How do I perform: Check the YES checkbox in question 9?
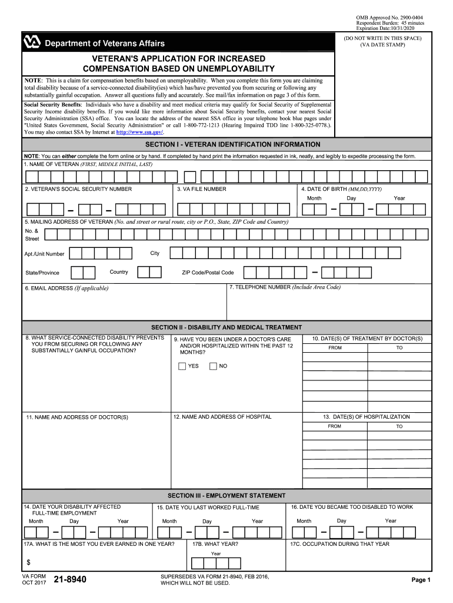[x=182, y=366]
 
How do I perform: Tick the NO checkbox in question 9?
[x=213, y=366]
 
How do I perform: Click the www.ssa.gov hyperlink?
[x=139, y=132]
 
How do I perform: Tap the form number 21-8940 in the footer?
[x=70, y=580]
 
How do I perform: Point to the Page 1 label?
[x=421, y=580]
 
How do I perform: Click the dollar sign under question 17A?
[x=28, y=562]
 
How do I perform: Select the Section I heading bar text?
[x=233, y=144]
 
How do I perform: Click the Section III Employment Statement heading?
[x=226, y=496]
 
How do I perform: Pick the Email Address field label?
[x=66, y=289]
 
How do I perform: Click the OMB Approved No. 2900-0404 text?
[x=389, y=18]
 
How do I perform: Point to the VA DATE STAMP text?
[x=383, y=45]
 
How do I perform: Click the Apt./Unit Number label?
[x=45, y=254]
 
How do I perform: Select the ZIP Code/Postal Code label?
[x=208, y=273]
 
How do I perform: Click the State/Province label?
[x=42, y=273]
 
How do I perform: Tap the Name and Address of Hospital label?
[x=222, y=417]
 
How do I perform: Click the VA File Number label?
[x=201, y=189]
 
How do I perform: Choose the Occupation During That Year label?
[x=339, y=544]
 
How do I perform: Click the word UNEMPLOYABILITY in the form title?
[x=227, y=69]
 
